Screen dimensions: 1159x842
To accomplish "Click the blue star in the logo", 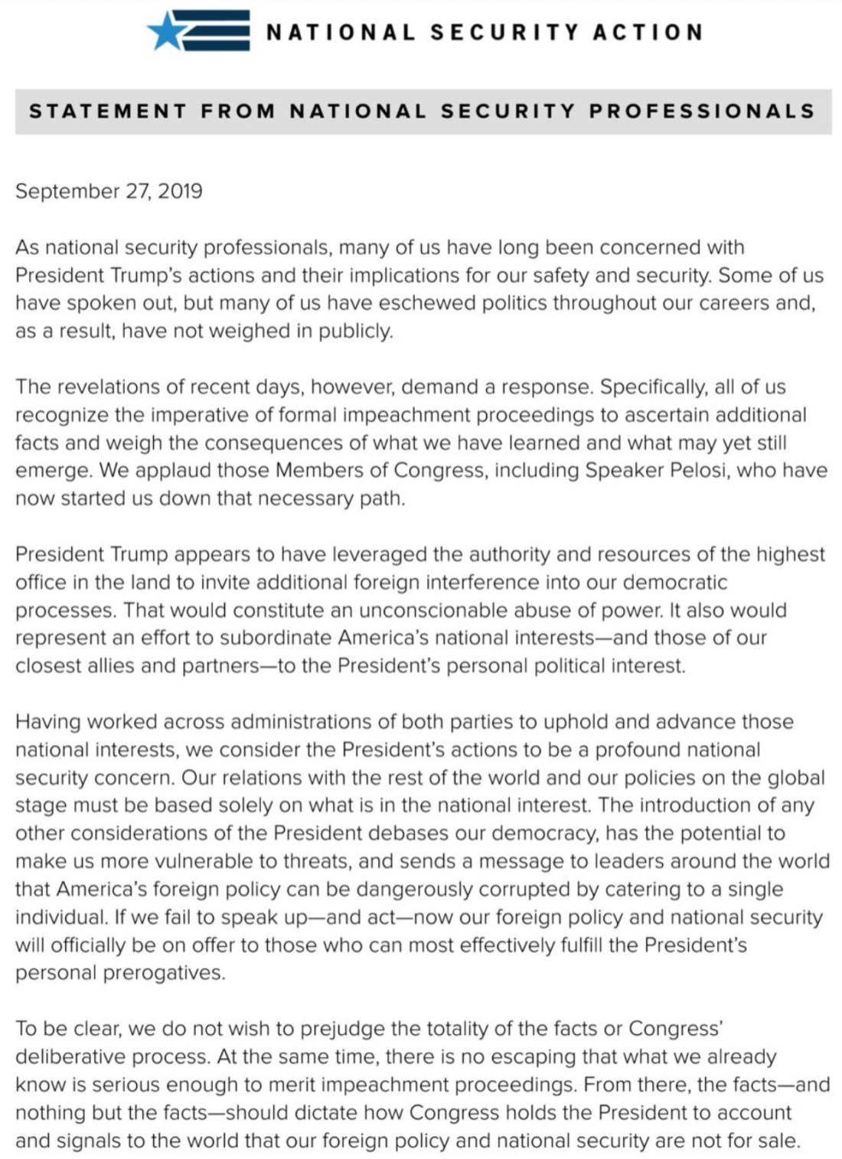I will point(166,32).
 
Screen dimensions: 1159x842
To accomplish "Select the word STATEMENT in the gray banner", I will point(108,111).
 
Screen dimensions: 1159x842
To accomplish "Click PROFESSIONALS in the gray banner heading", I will point(702,111).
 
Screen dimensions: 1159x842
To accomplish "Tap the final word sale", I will point(779,1141).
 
